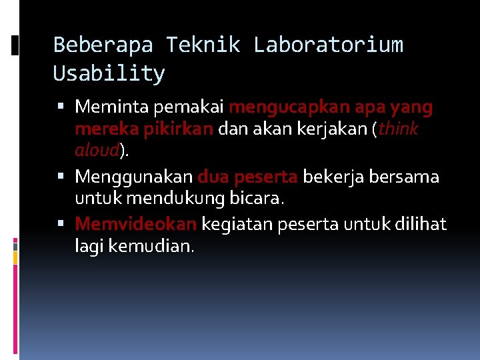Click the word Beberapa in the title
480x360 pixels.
[x=103, y=45]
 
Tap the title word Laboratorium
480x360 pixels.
[x=328, y=45]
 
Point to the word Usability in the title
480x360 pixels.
[x=109, y=73]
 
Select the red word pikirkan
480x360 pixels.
[x=182, y=129]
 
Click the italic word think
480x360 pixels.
[x=399, y=129]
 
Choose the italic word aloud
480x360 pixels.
[x=97, y=151]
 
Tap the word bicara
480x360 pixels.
[x=259, y=199]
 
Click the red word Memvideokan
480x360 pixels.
[x=136, y=224]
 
